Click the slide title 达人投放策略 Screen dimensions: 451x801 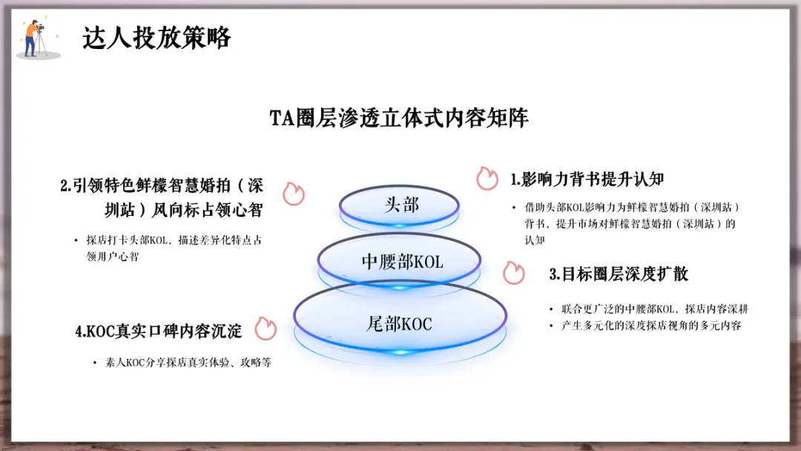156,38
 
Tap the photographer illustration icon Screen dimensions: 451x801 36,39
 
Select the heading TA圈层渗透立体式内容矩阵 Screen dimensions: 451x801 399,119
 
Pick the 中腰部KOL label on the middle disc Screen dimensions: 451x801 402,262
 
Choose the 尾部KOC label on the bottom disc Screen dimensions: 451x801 399,323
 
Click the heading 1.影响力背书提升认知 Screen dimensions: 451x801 586,179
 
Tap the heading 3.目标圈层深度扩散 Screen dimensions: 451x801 619,274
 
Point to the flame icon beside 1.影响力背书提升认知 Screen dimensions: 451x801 487,178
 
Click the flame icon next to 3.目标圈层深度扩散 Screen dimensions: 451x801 513,272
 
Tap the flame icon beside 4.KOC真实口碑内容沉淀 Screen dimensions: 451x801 266,329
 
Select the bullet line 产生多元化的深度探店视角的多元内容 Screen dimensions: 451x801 650,326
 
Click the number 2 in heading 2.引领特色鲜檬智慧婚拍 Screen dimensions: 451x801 65,186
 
